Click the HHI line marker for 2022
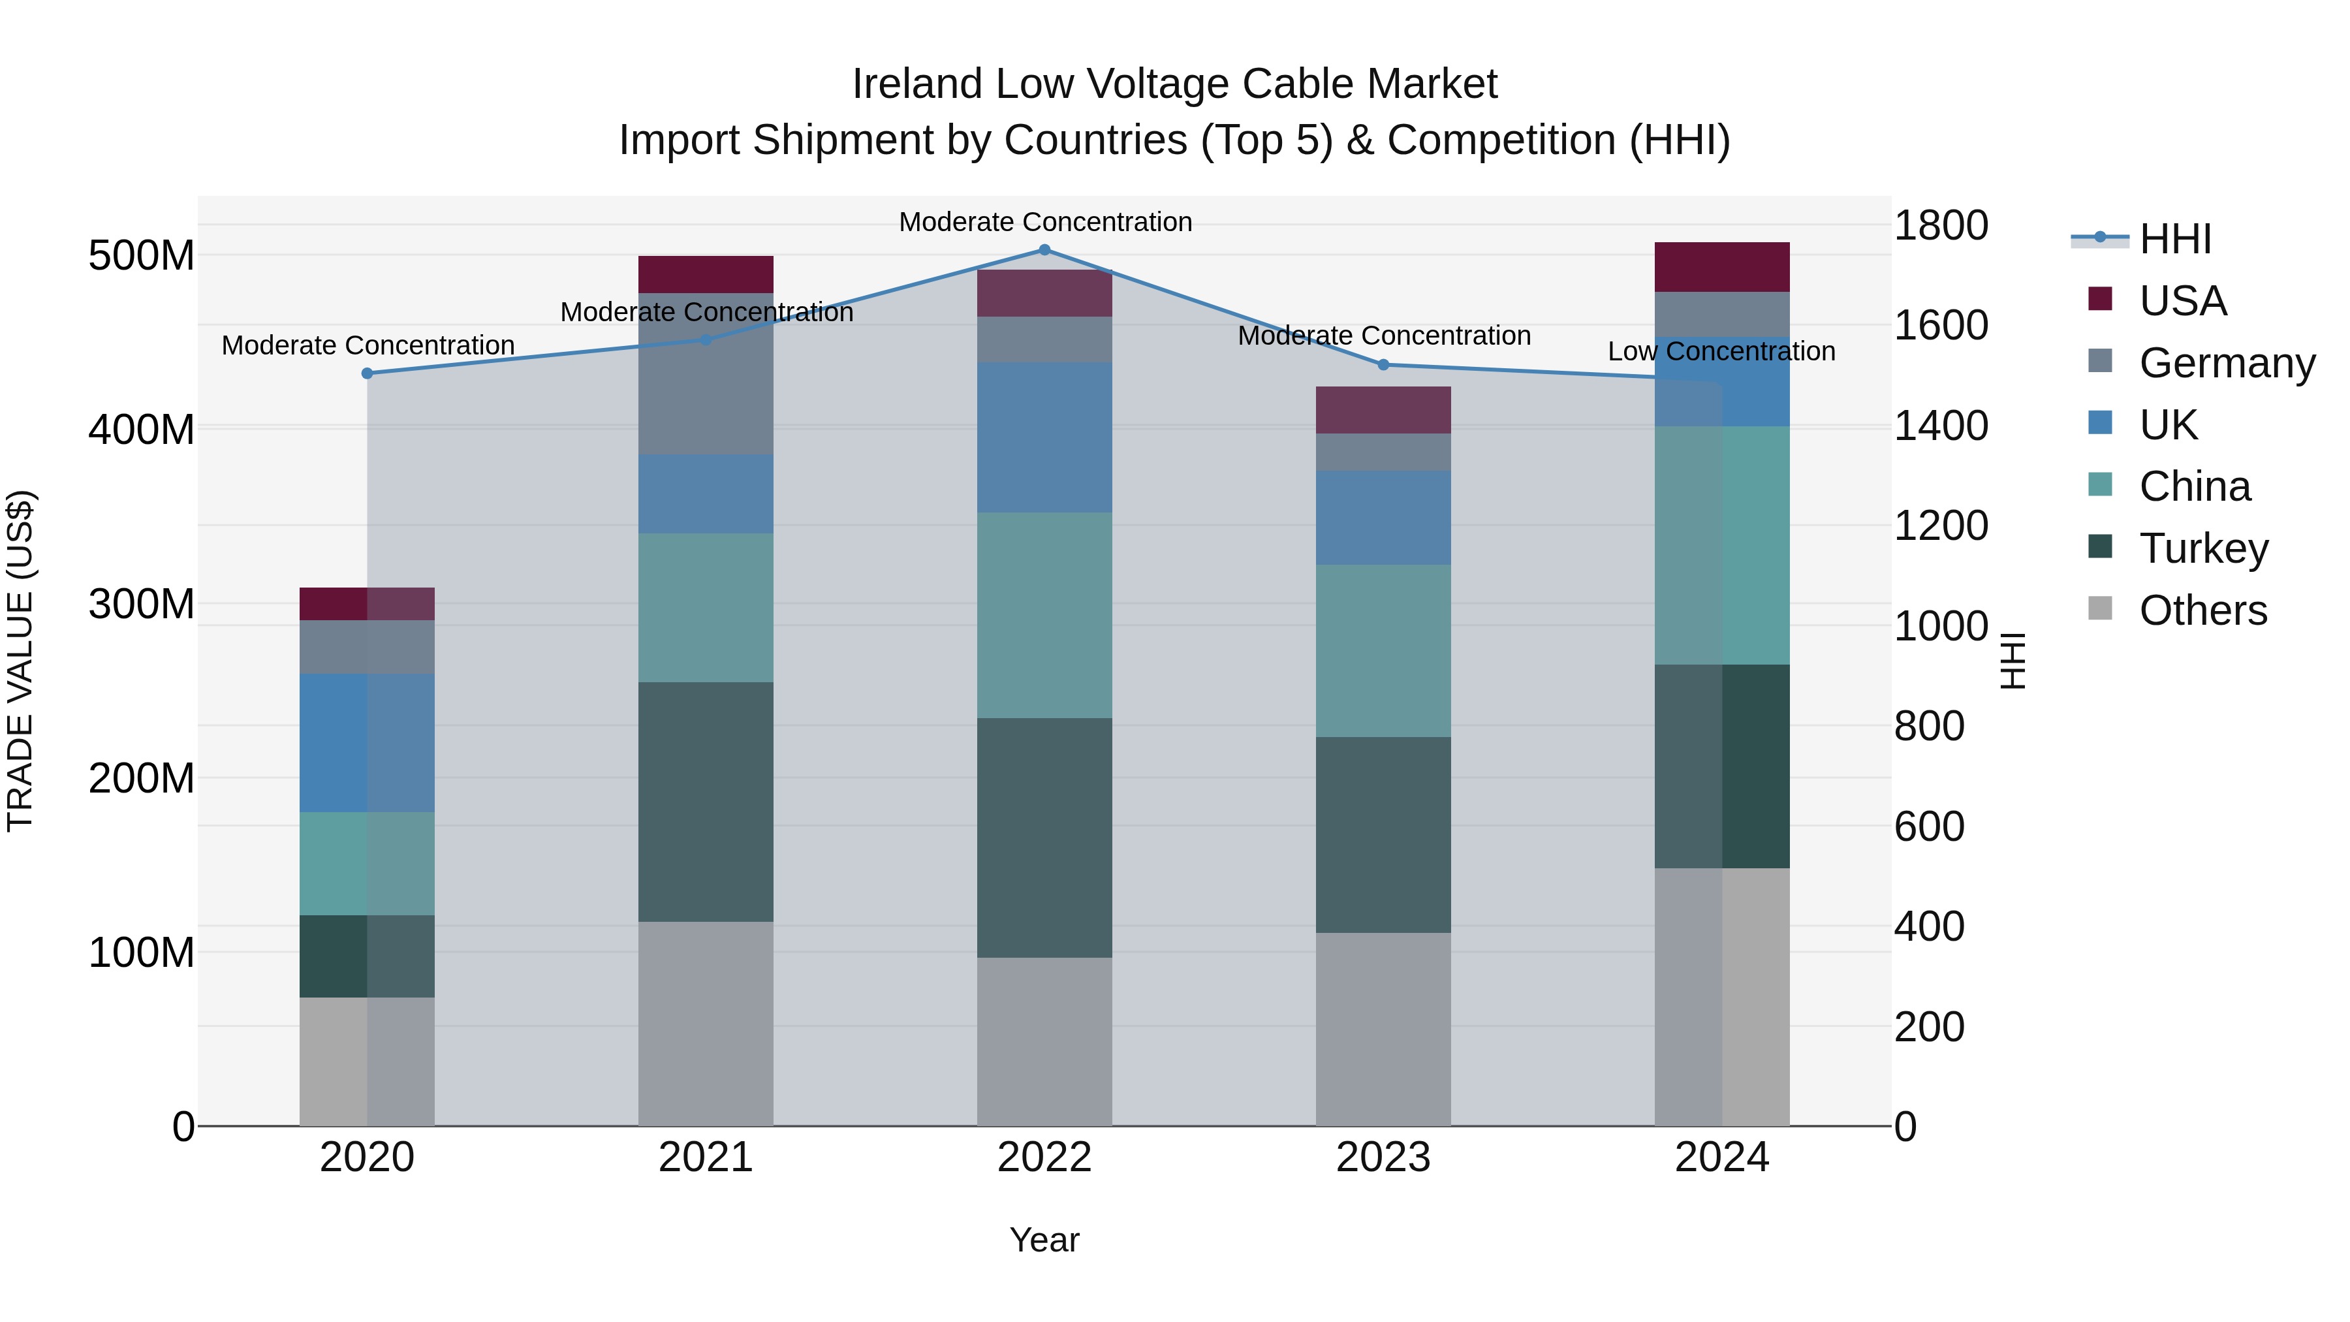tap(1044, 249)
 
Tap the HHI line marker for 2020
tap(367, 373)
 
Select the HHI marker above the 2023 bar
tap(1383, 365)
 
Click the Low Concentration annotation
tap(1721, 351)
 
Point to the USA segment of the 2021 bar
tap(705, 274)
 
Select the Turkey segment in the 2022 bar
tap(1044, 837)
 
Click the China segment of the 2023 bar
tap(1383, 650)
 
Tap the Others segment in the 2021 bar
tap(705, 1023)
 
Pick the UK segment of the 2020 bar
tap(367, 743)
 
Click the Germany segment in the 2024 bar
tap(1721, 315)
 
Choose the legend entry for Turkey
tap(2203, 548)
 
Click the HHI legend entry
tap(2175, 239)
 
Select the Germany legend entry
tap(2226, 363)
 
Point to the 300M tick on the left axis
tap(142, 604)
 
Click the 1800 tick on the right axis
tap(1941, 225)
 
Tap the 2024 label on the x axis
tap(1721, 1157)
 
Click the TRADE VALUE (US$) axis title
tap(20, 661)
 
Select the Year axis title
tap(1044, 1240)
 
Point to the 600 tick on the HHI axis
tap(1928, 826)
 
